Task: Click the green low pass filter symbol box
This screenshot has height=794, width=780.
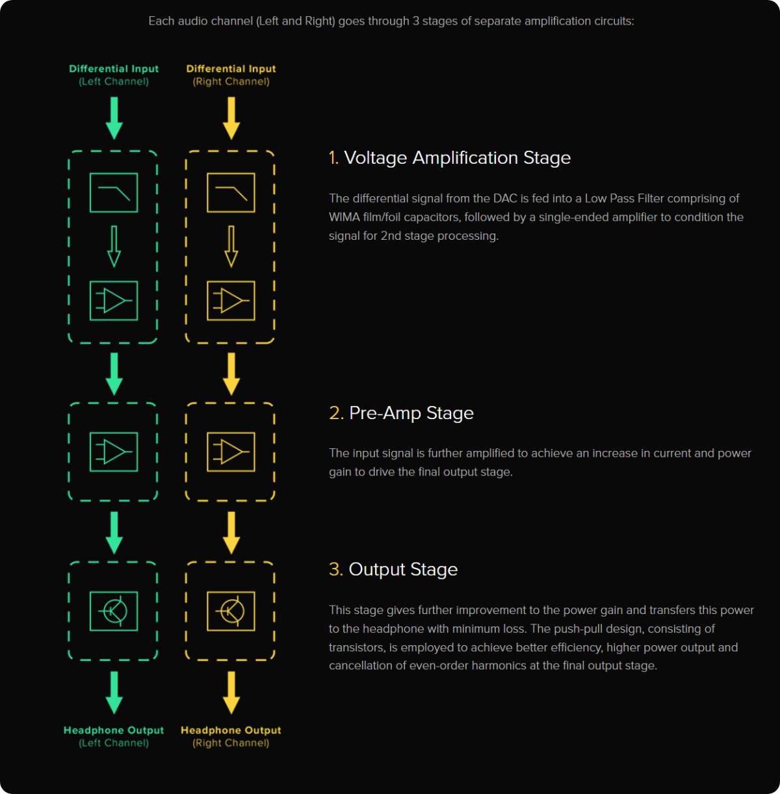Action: click(x=114, y=173)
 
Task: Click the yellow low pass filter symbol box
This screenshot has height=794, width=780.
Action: click(x=231, y=173)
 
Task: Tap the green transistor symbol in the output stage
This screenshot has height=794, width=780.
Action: click(x=114, y=611)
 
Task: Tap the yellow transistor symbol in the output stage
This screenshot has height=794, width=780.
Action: click(x=231, y=611)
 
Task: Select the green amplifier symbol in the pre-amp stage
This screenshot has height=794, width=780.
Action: click(x=114, y=452)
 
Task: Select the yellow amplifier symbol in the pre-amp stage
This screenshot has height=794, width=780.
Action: click(x=231, y=452)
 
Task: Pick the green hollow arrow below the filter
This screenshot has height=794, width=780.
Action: click(x=114, y=246)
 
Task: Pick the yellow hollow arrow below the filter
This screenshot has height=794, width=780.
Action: click(x=231, y=246)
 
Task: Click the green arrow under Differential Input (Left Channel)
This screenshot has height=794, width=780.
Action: click(x=114, y=118)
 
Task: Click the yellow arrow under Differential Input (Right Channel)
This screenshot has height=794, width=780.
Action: click(x=231, y=118)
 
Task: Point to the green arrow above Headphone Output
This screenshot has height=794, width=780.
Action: click(x=114, y=693)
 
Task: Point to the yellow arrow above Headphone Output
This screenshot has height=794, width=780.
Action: click(x=231, y=693)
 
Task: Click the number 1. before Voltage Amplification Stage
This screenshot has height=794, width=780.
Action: click(x=333, y=158)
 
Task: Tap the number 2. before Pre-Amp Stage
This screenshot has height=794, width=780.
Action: click(x=337, y=413)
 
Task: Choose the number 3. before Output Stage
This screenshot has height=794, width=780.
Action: click(x=336, y=569)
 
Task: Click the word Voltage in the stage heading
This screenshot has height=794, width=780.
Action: click(x=376, y=159)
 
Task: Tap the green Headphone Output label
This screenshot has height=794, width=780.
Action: click(x=114, y=730)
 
